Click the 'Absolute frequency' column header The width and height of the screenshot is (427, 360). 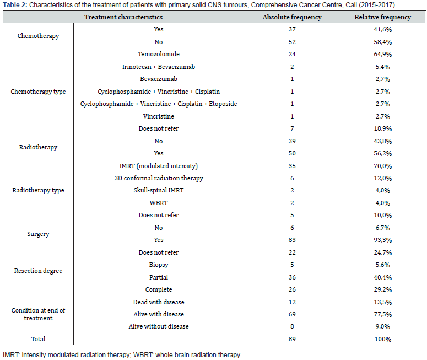pos(292,17)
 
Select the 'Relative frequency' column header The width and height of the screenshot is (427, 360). pos(382,17)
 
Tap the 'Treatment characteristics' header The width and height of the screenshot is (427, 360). pos(123,17)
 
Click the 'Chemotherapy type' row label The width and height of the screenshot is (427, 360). pos(38,92)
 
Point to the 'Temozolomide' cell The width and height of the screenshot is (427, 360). pos(159,54)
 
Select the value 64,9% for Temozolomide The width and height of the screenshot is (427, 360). pos(382,54)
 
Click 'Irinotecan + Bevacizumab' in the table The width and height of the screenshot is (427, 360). pos(159,67)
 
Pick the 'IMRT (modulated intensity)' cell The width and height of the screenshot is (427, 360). pos(159,166)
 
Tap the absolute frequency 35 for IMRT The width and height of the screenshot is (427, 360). pos(292,166)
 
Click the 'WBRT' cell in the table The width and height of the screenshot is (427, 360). pos(159,203)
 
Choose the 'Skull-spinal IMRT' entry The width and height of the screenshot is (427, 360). pos(159,190)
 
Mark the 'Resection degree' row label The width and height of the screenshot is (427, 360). pos(38,271)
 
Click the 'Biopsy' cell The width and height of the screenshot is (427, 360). pos(159,265)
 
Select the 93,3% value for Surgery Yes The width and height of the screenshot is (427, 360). pos(382,240)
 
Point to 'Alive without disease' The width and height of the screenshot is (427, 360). pos(159,326)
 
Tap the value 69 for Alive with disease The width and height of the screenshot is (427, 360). pos(292,314)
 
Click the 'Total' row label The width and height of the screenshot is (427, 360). pos(38,339)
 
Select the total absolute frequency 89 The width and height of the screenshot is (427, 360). pos(292,339)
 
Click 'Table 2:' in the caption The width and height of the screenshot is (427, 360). pos(15,5)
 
